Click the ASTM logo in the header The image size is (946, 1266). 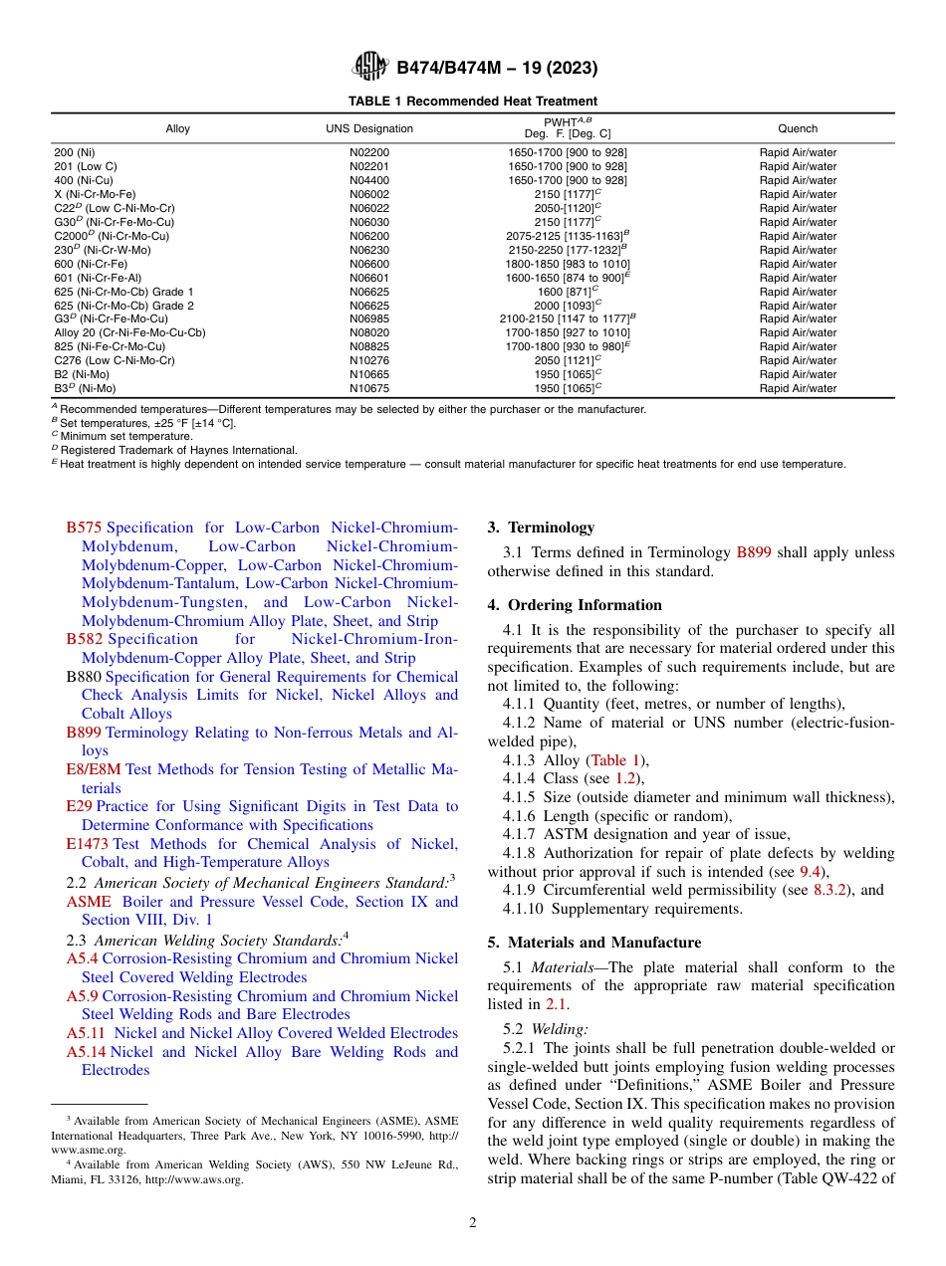click(x=371, y=68)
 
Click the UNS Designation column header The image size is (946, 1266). click(x=369, y=129)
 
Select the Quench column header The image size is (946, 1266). click(x=798, y=129)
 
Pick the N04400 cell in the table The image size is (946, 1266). click(x=369, y=181)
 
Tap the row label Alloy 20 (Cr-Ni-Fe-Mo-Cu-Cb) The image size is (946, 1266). click(x=129, y=333)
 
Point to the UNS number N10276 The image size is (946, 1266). click(x=369, y=361)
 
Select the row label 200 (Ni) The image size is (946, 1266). click(x=75, y=153)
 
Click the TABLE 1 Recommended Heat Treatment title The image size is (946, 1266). click(x=473, y=102)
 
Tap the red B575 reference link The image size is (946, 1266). click(x=84, y=528)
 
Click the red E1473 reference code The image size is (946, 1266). click(x=88, y=844)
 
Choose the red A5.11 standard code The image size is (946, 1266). click(x=86, y=1034)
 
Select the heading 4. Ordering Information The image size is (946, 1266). click(x=575, y=605)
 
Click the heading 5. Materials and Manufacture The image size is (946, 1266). click(x=594, y=943)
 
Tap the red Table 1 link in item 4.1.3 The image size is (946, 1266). click(x=617, y=761)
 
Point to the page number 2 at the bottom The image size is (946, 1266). click(x=473, y=1223)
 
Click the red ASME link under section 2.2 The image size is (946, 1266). click(x=89, y=902)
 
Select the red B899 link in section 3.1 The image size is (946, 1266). click(x=753, y=552)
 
